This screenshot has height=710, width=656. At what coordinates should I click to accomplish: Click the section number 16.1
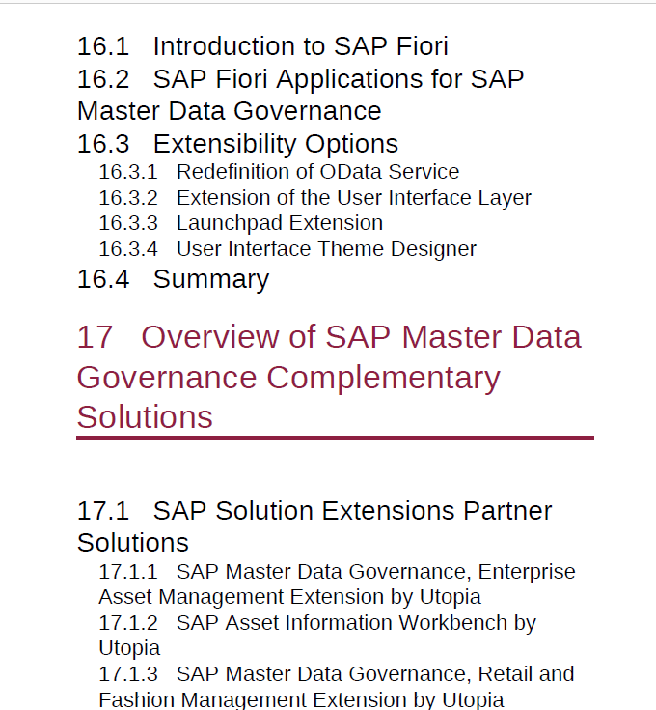pos(103,46)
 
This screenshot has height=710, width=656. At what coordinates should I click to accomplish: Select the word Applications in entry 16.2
pos(348,80)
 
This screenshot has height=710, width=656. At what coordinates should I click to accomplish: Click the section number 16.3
pos(103,144)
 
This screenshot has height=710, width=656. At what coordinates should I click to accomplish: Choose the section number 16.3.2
pos(128,198)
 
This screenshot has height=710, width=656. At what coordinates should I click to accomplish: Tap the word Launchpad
pos(230,224)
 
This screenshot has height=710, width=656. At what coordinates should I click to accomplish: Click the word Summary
pos(211,280)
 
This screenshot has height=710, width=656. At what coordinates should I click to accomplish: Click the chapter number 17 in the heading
pos(95,337)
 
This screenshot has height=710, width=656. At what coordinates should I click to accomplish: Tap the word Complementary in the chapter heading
pos(383,378)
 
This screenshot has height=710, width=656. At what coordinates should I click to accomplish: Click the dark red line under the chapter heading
pos(335,438)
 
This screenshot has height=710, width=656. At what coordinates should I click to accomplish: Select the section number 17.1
pos(103,511)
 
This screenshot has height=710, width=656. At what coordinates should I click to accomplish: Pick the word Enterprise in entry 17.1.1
pos(527,572)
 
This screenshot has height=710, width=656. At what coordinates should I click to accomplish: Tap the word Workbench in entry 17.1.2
pos(453,623)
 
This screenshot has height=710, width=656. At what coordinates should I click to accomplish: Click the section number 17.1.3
pos(128,674)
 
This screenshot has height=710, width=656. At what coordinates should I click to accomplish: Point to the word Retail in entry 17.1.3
pos(505,674)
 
